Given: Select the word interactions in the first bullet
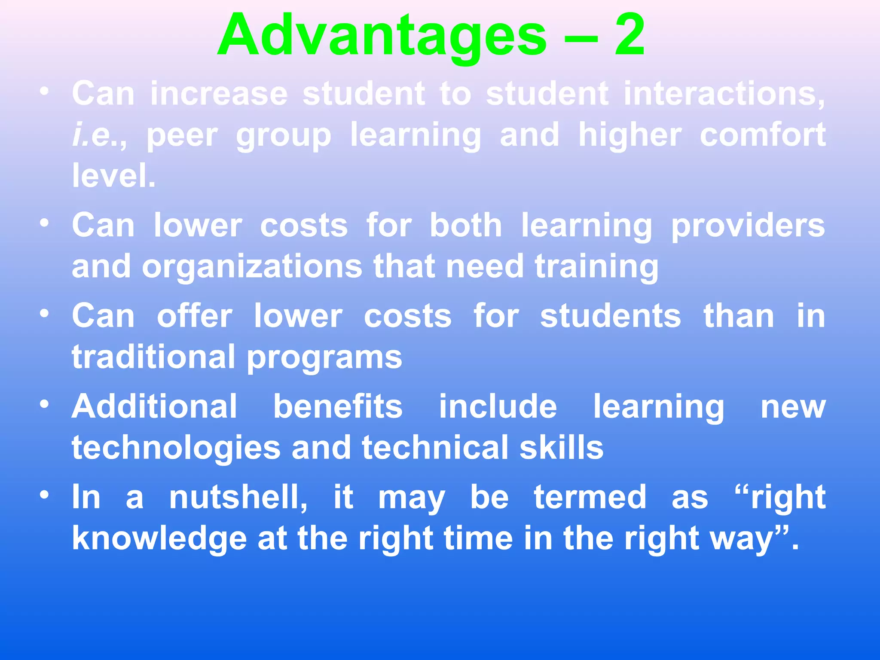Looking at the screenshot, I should (x=724, y=93).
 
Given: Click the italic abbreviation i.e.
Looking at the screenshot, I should (x=96, y=135).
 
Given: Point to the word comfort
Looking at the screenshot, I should (x=763, y=135).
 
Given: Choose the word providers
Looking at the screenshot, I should (x=748, y=226).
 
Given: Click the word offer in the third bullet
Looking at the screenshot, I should (x=194, y=316).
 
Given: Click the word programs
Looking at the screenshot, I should (x=324, y=357).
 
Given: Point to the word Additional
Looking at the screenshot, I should (x=154, y=406).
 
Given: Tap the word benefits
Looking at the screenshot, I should (x=338, y=406).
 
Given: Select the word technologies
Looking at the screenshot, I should (x=176, y=448).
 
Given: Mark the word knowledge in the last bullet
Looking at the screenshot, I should (x=159, y=539).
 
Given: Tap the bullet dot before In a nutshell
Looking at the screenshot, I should (x=44, y=495).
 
